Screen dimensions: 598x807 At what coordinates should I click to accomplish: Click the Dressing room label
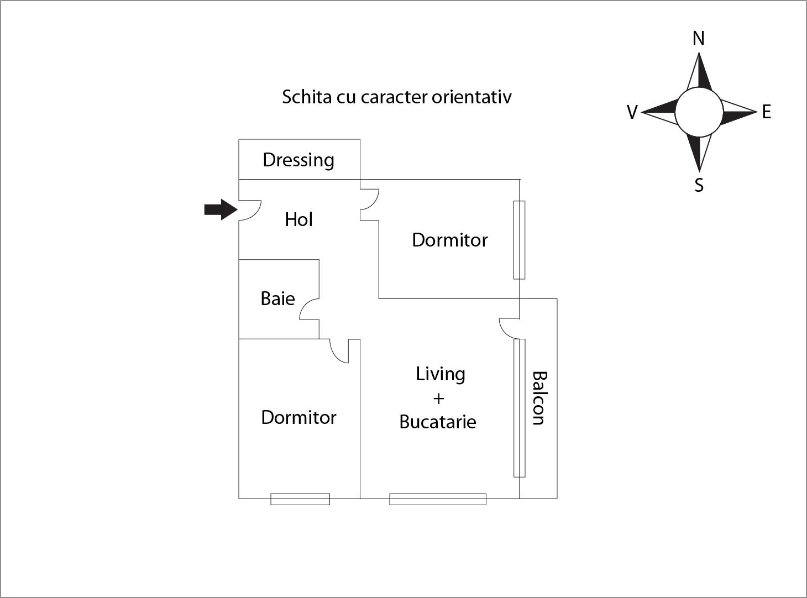point(298,160)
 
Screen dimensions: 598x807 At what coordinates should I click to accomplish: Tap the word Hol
point(298,219)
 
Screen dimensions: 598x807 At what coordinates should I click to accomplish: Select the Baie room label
point(277,298)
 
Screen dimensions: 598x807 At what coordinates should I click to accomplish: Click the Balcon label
point(539,398)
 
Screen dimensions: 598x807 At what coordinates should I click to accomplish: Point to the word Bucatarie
point(437,422)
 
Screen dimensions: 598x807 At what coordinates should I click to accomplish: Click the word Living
point(440,374)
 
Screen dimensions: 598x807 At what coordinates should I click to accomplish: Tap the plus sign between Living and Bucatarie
point(438,398)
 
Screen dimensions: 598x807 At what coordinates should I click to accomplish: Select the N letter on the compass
point(699,38)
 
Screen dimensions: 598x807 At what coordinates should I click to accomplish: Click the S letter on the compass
point(699,185)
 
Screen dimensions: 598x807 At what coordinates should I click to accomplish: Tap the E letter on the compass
point(766,112)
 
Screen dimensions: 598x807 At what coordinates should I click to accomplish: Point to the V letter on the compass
point(632,112)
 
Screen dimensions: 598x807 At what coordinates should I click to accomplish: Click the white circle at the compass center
point(699,112)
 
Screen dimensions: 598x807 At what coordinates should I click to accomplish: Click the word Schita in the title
point(303,97)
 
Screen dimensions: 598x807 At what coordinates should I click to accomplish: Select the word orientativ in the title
point(471,97)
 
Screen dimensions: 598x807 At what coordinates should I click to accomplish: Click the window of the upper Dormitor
point(519,240)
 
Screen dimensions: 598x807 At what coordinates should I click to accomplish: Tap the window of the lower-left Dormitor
point(300,499)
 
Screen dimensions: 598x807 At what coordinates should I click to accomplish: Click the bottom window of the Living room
point(438,499)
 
